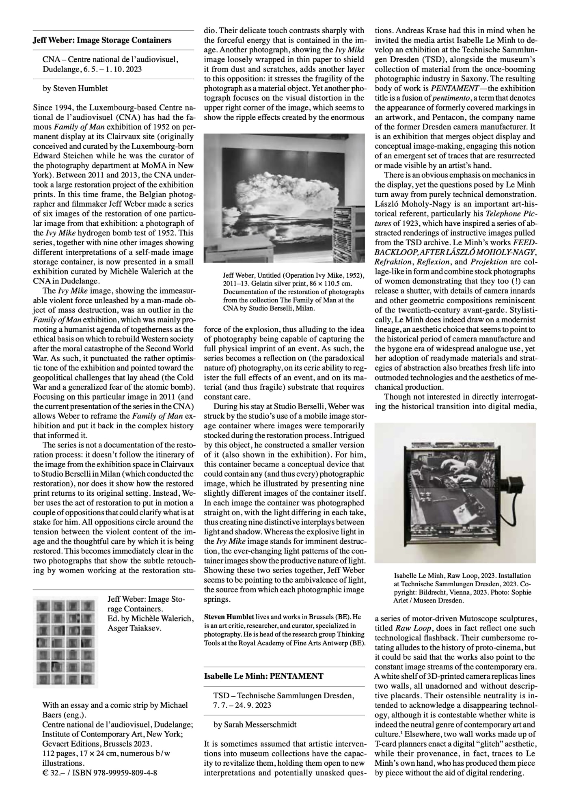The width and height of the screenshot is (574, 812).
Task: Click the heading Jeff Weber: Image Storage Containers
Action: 102,40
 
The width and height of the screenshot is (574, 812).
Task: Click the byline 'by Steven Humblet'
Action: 75,88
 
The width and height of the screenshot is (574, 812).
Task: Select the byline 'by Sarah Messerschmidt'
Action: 254,724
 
